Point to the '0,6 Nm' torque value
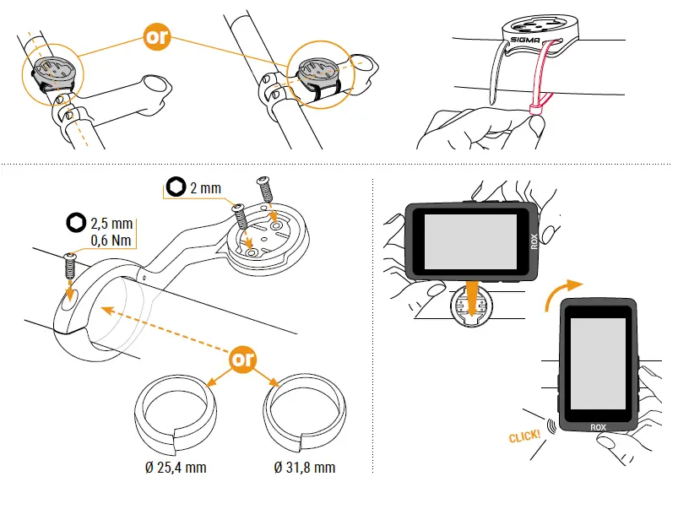pyautogui.click(x=111, y=241)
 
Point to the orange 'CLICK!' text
pyautogui.click(x=525, y=436)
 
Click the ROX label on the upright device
pyautogui.click(x=598, y=427)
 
